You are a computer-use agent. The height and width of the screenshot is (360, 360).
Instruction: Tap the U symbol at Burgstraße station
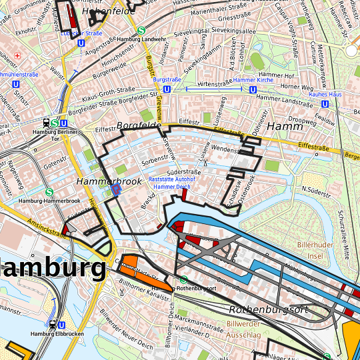(x=167, y=88)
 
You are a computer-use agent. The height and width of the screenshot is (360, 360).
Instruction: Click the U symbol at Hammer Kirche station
(x=253, y=89)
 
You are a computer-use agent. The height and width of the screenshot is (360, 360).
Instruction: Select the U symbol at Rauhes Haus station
(x=325, y=104)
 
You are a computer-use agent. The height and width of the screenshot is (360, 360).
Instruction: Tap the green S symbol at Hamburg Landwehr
(x=141, y=30)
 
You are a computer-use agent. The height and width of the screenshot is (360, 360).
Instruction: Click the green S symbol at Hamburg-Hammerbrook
(x=49, y=191)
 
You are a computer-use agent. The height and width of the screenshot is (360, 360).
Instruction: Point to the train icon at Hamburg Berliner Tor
(x=45, y=123)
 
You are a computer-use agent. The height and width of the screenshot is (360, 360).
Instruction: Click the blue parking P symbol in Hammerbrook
(x=116, y=191)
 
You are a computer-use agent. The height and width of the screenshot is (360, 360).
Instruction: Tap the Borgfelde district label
(x=138, y=125)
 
